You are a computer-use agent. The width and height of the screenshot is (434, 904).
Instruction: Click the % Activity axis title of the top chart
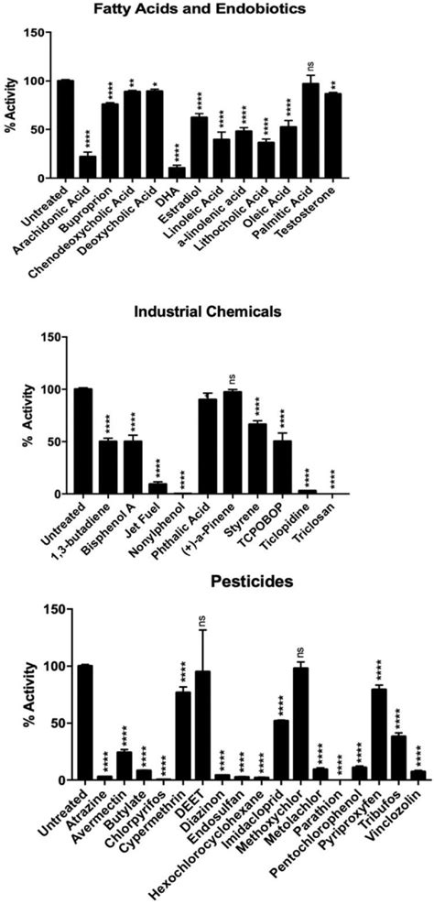(12, 108)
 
